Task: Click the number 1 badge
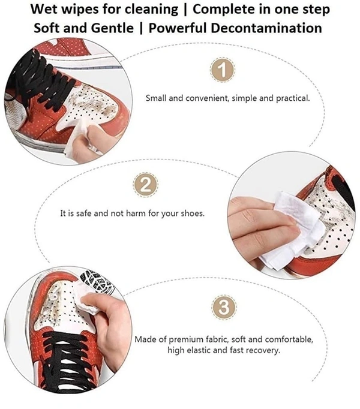(223, 70)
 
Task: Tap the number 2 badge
(146, 185)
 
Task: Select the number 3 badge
(224, 307)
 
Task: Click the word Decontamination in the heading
(266, 28)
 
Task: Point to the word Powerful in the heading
(178, 28)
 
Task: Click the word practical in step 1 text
(293, 98)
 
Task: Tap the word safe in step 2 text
(84, 213)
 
